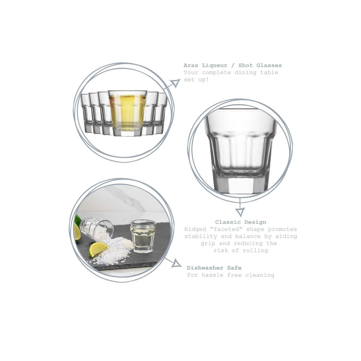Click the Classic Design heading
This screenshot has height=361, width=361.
(x=240, y=222)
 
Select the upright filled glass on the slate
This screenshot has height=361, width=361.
(x=143, y=236)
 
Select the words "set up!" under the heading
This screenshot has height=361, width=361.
(x=196, y=80)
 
